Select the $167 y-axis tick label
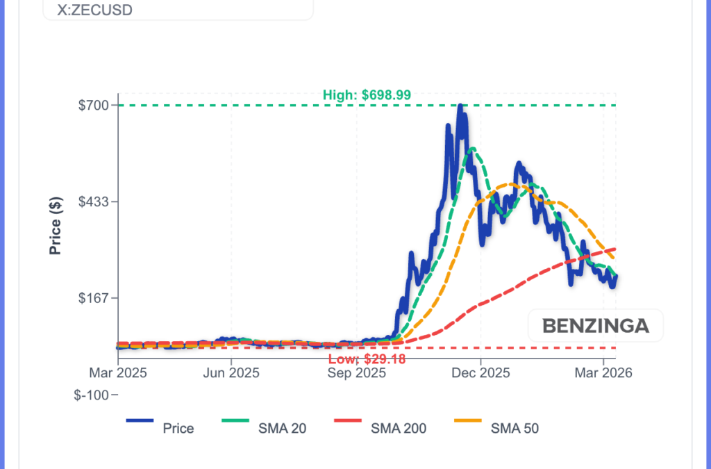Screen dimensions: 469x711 pos(95,298)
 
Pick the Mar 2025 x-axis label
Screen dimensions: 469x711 pos(117,373)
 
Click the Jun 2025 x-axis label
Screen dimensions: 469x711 pos(231,373)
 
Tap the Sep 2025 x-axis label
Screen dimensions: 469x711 pos(357,373)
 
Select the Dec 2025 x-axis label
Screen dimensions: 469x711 pos(481,373)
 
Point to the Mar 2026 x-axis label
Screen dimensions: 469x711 pos(603,373)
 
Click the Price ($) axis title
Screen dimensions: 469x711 pos(56,225)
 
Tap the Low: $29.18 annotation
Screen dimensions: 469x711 pos(367,359)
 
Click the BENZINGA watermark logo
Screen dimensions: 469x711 pos(595,325)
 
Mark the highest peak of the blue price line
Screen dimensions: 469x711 pos(460,106)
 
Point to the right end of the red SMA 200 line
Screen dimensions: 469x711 pos(616,249)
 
